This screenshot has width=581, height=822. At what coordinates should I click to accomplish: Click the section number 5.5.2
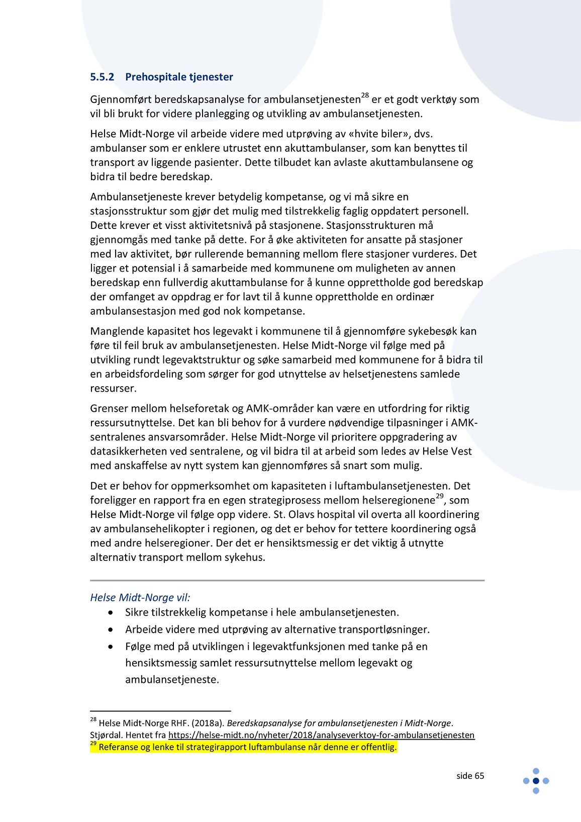pyautogui.click(x=102, y=77)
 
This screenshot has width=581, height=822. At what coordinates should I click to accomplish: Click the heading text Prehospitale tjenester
pyautogui.click(x=179, y=77)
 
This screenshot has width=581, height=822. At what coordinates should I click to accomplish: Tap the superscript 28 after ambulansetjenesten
pyautogui.click(x=365, y=95)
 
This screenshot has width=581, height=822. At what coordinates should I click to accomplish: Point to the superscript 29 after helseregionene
pyautogui.click(x=439, y=496)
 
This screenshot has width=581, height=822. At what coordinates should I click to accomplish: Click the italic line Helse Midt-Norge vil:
pyautogui.click(x=140, y=598)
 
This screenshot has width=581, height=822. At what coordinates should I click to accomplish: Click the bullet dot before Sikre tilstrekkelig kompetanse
pyautogui.click(x=111, y=613)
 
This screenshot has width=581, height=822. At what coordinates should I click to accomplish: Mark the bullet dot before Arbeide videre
pyautogui.click(x=111, y=630)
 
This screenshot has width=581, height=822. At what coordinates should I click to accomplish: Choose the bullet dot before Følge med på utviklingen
pyautogui.click(x=111, y=647)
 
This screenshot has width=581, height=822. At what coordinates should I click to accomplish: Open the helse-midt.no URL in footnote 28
pyautogui.click(x=321, y=735)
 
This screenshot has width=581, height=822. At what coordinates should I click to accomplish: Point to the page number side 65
pyautogui.click(x=470, y=776)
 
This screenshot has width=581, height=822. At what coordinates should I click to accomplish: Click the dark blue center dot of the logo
pyautogui.click(x=536, y=781)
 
